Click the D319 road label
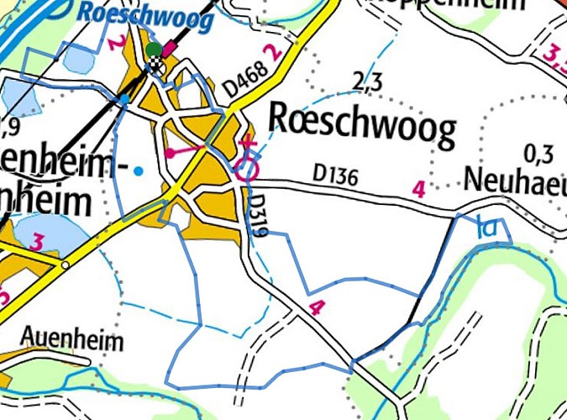(x=259, y=215)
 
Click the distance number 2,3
(x=367, y=82)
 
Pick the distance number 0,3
(x=538, y=154)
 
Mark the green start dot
(x=152, y=50)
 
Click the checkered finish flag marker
(x=158, y=65)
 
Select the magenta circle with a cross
(x=246, y=171)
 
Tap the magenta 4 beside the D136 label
(x=418, y=189)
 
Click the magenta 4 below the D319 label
(x=316, y=307)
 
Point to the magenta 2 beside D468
(x=270, y=52)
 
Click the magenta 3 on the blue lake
(x=37, y=243)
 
